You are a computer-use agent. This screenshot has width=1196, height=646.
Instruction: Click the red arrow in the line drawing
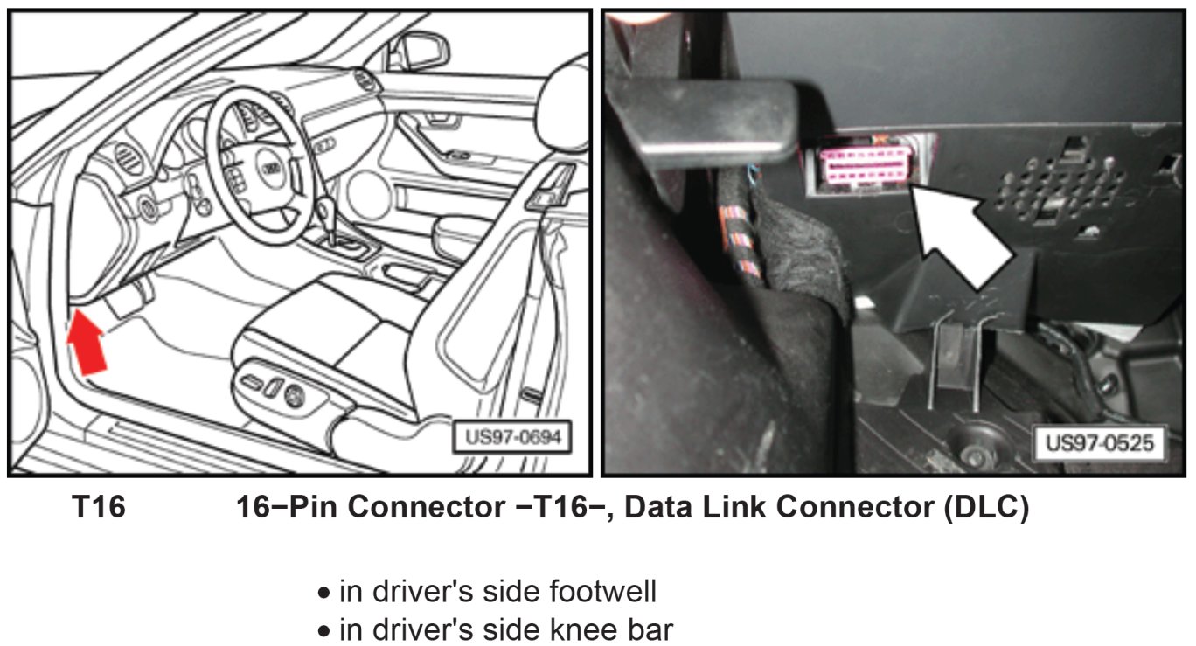click(88, 343)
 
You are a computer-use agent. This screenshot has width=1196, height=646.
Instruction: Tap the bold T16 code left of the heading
click(98, 508)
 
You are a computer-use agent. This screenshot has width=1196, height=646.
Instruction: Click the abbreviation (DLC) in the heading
click(985, 508)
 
